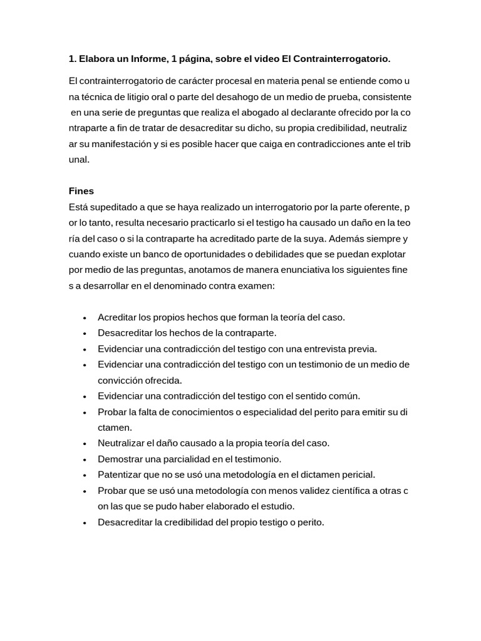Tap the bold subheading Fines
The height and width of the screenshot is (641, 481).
81,191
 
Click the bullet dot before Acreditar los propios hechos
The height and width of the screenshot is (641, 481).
84,317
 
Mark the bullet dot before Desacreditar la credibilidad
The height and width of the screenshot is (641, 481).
84,522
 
